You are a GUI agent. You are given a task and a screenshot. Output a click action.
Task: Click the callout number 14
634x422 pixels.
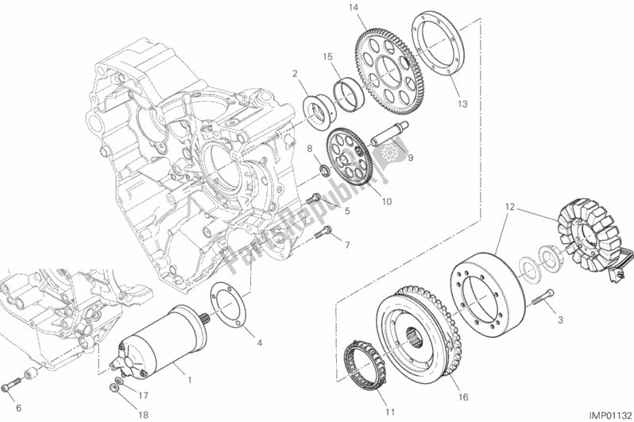[375, 9]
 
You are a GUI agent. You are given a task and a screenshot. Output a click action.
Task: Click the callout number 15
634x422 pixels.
[327, 56]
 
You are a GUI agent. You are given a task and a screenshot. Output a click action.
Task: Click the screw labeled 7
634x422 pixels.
[322, 233]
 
